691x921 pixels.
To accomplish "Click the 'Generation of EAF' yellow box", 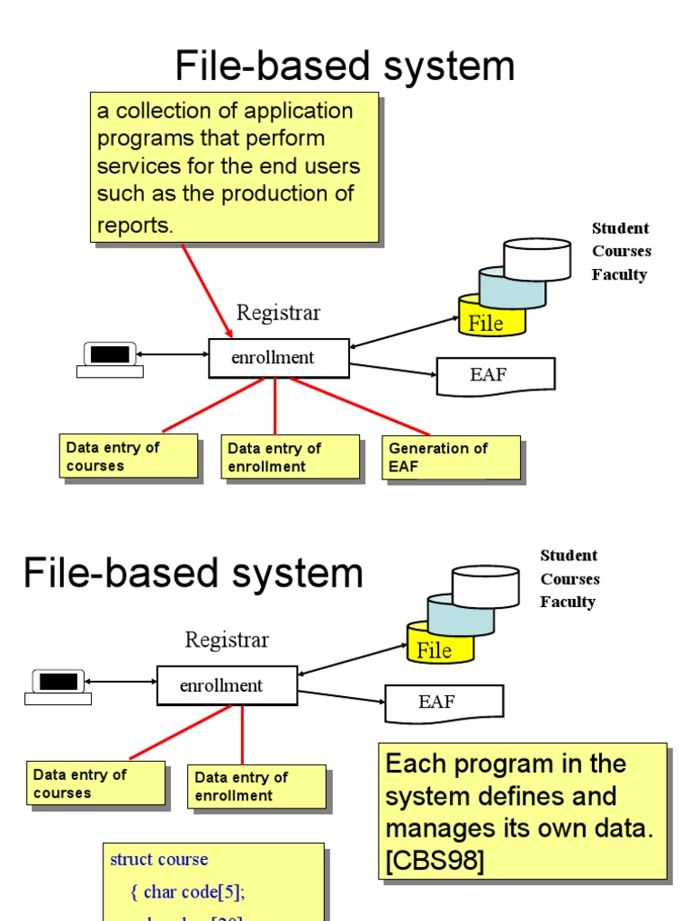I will click(x=453, y=457).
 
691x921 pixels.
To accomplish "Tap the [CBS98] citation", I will click(x=435, y=861).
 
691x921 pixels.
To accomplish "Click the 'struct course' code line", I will click(x=158, y=859).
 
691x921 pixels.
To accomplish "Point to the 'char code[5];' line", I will click(x=193, y=891).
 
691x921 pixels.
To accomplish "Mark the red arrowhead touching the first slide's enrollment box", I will click(x=228, y=333).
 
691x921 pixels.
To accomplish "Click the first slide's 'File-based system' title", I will click(x=345, y=66).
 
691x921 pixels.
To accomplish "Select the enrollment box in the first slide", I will click(x=278, y=358).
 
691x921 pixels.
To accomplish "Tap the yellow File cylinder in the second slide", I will click(x=435, y=648).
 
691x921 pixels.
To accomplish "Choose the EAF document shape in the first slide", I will click(x=494, y=375).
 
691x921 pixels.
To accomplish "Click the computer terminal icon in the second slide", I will click(x=58, y=685).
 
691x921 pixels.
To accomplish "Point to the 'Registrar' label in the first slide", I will click(x=278, y=313).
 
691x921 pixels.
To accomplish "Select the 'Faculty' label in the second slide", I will click(x=567, y=602).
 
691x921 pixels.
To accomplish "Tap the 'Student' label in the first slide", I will click(x=620, y=228).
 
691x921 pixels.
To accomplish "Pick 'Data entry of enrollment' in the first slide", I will click(x=290, y=457).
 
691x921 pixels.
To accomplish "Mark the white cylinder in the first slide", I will click(x=537, y=258).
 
